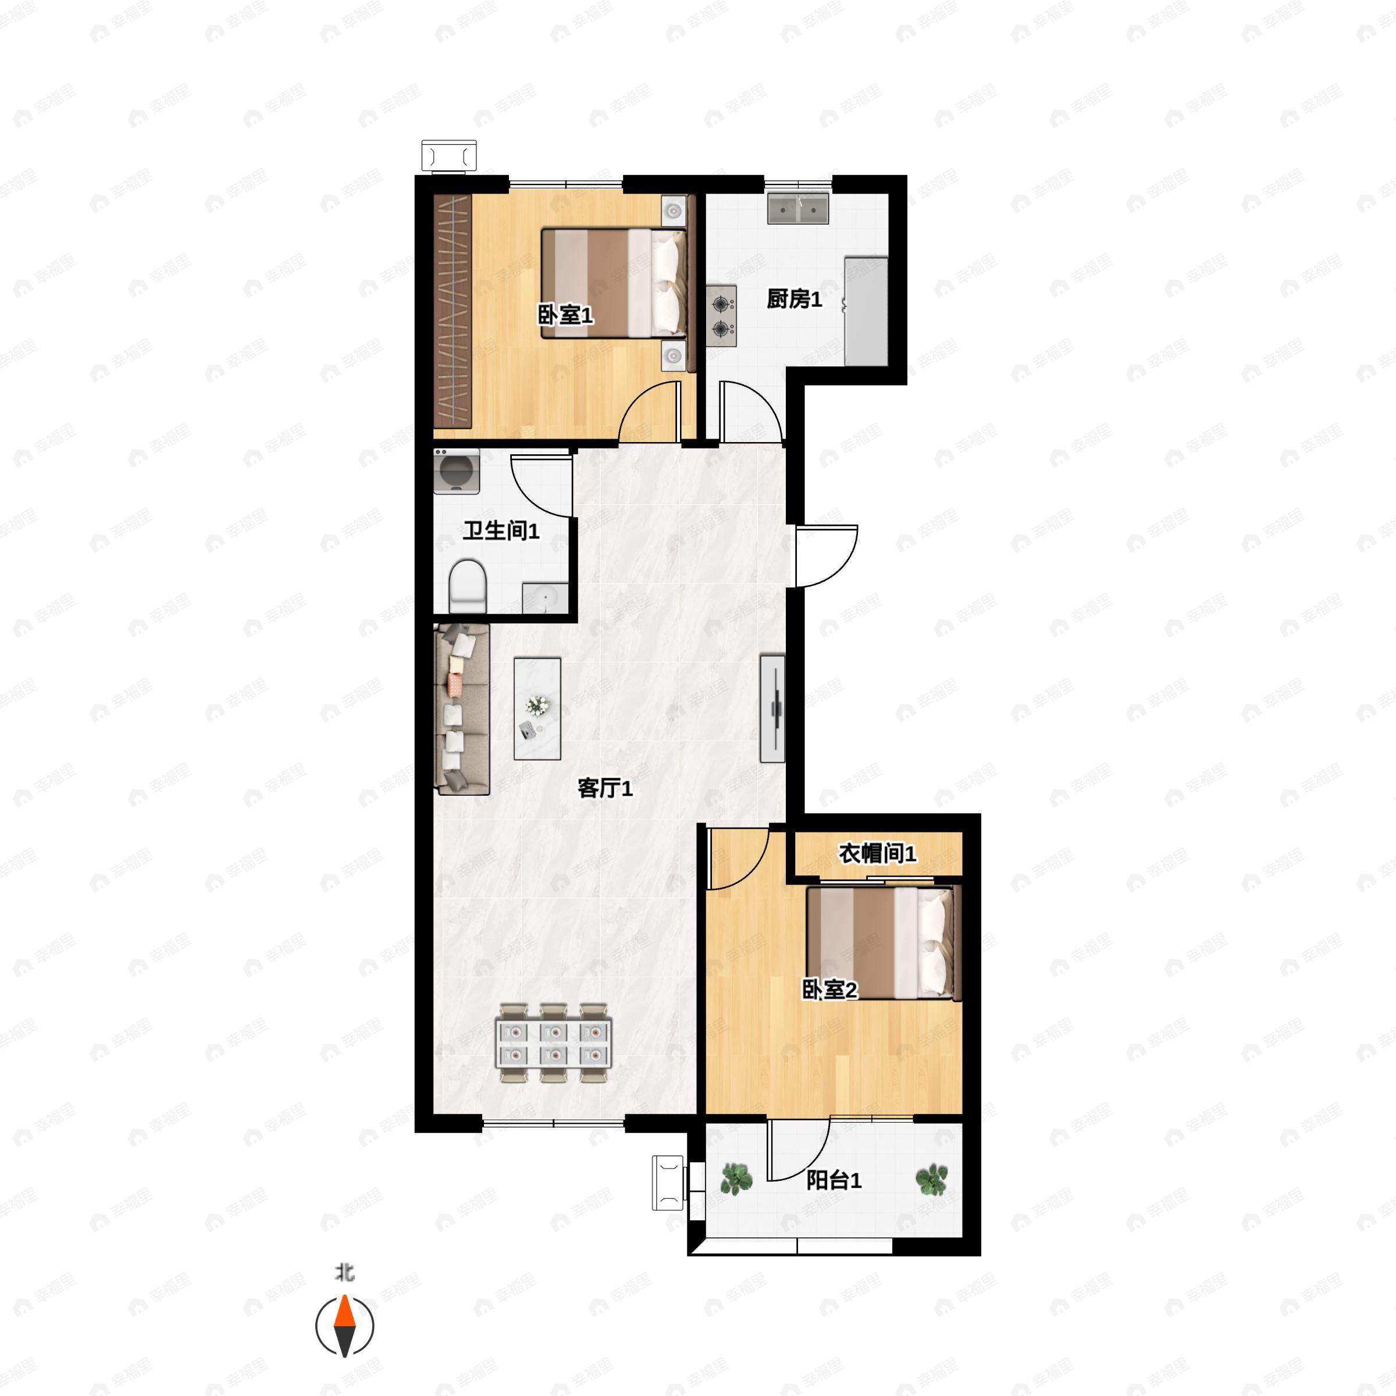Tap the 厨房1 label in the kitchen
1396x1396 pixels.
pos(794,298)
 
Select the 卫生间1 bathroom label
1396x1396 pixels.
pos(501,530)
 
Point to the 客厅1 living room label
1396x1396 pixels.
pos(605,788)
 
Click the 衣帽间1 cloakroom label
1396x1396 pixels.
pos(877,853)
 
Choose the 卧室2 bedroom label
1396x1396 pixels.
pos(829,989)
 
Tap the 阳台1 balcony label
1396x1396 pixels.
pos(834,1180)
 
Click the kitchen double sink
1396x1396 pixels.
pos(797,208)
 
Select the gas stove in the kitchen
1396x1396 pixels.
pos(721,316)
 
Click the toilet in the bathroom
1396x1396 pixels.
pos(468,586)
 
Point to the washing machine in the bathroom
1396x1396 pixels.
pos(457,471)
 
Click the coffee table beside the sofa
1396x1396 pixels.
pos(537,708)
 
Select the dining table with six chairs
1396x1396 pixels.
pos(554,1043)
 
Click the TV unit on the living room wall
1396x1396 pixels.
pos(772,708)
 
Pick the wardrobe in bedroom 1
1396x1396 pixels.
pos(453,311)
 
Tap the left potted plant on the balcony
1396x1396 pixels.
pos(736,1179)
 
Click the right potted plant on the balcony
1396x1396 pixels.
pos(931,1179)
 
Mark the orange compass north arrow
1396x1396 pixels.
pos(345,1312)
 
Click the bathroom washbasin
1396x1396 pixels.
pos(545,597)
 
